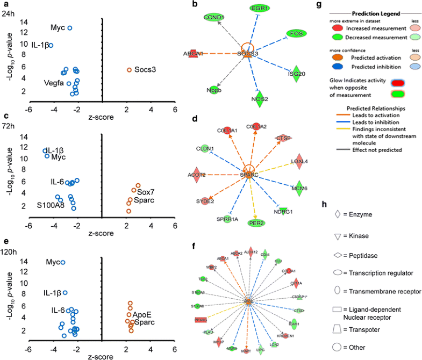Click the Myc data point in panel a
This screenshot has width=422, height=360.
click(69, 28)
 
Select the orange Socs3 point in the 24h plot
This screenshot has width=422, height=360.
click(129, 70)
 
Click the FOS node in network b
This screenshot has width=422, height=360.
click(295, 33)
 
